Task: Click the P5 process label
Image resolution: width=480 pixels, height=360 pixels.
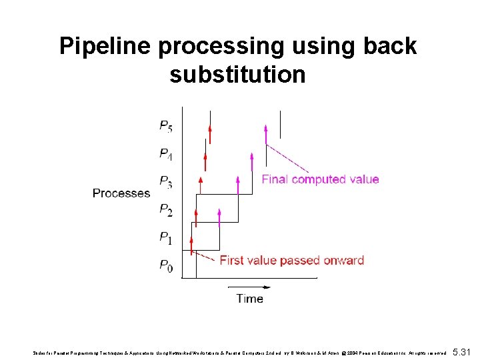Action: [166, 125]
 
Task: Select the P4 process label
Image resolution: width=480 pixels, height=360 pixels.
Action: [166, 154]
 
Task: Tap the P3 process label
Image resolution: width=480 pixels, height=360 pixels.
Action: [166, 182]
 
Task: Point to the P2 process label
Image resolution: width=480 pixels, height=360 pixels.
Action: [166, 210]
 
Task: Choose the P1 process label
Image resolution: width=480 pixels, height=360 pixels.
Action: [166, 237]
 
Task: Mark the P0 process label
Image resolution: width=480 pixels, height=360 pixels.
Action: [166, 266]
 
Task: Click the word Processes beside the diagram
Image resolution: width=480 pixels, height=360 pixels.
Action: [121, 193]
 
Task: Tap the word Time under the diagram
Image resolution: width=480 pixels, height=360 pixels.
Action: [249, 299]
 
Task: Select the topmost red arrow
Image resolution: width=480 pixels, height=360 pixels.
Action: [210, 133]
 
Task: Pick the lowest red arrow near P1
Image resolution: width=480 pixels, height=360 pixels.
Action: [191, 245]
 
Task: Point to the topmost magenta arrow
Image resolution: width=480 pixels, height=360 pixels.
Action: [266, 133]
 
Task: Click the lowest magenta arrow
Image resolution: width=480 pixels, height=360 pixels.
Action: [219, 215]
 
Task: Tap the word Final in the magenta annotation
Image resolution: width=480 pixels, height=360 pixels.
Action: [276, 179]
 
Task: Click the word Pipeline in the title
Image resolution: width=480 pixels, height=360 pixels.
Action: [107, 47]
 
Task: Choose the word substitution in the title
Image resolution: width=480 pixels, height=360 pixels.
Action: [237, 75]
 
